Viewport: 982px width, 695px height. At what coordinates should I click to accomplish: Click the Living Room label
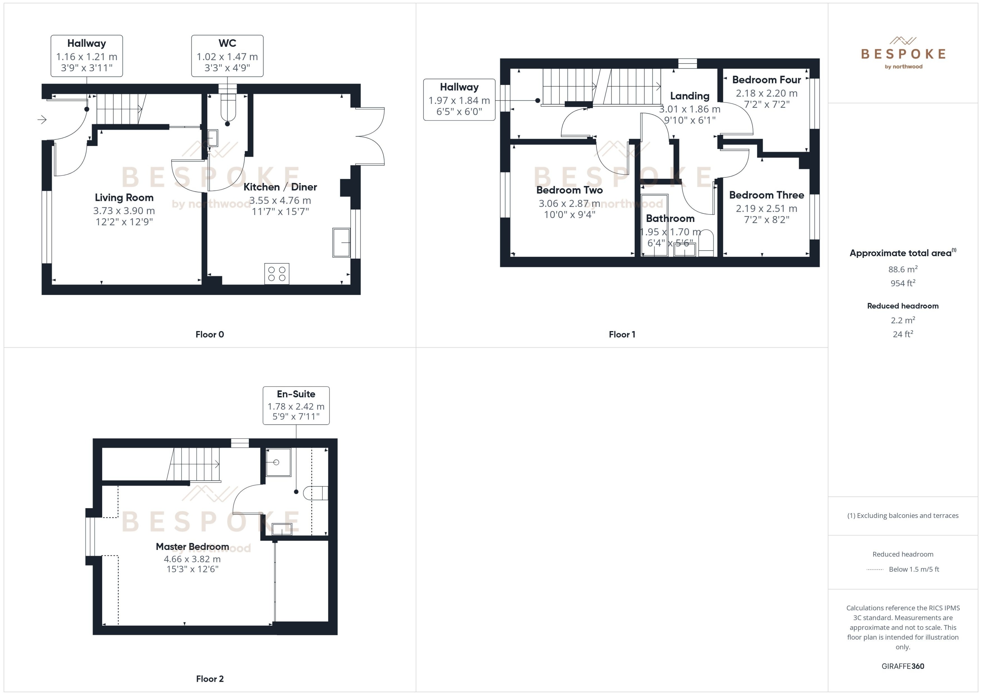click(124, 198)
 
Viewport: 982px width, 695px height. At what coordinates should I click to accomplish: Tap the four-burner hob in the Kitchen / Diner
click(276, 274)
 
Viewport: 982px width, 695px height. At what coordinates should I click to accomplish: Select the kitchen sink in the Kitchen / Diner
click(341, 243)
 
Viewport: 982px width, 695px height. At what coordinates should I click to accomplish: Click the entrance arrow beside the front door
click(42, 120)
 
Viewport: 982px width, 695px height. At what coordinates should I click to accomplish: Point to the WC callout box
click(227, 56)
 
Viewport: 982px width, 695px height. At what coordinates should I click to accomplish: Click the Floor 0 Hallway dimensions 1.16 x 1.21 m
click(86, 56)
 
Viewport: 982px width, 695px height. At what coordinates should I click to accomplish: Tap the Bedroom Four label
click(766, 80)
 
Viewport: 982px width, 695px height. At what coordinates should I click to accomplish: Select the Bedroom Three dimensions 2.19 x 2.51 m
click(766, 209)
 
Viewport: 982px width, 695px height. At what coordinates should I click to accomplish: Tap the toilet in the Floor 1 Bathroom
click(706, 243)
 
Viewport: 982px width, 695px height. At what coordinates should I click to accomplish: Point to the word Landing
click(689, 96)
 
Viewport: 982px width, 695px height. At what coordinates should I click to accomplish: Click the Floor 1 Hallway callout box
click(459, 100)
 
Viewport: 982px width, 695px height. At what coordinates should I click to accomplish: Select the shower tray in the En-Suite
click(278, 462)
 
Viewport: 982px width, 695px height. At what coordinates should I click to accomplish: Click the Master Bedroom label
click(192, 547)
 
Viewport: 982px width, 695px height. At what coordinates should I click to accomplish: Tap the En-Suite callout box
click(296, 405)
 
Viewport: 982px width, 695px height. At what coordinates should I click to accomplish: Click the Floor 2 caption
click(210, 679)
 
